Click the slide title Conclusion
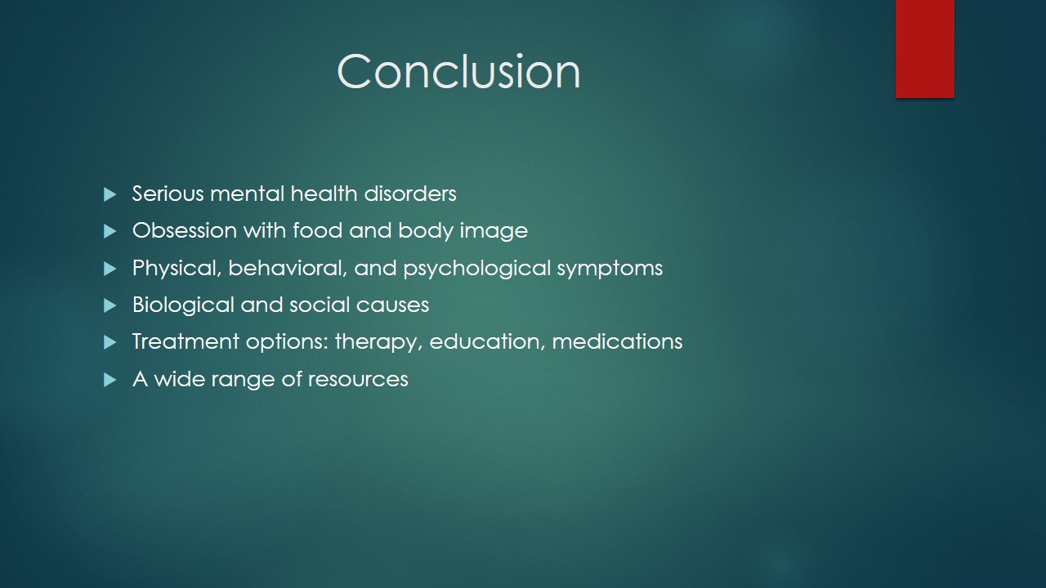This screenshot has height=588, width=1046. [458, 71]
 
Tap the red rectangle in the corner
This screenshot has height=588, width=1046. [924, 48]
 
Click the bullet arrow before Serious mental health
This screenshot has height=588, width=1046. [110, 194]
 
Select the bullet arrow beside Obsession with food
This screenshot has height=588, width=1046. [110, 231]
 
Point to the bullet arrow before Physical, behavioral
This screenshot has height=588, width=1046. [110, 269]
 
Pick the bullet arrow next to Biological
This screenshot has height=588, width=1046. [110, 305]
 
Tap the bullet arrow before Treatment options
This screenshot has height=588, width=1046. [110, 342]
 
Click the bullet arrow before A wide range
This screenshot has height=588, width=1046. [110, 380]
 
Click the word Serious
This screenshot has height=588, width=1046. [168, 194]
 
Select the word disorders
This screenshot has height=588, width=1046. [410, 194]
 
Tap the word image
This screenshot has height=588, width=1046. [494, 231]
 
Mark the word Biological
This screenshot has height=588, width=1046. [183, 305]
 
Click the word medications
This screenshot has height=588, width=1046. [617, 341]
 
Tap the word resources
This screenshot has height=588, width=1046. [358, 380]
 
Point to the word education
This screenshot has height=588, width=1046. [487, 342]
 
